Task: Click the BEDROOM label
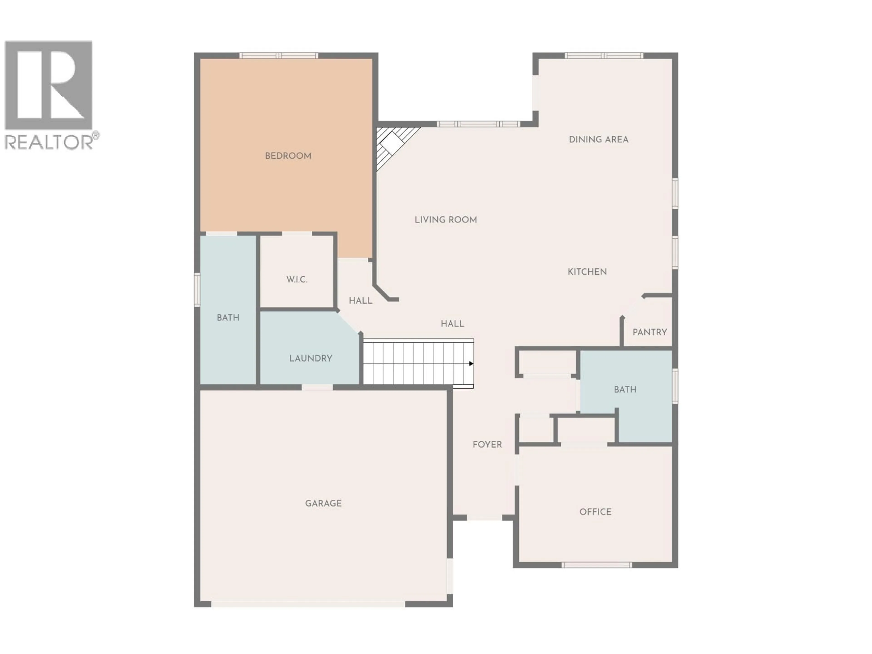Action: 288,156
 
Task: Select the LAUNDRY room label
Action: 311,358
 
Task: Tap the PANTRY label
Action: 650,332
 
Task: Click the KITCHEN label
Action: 587,272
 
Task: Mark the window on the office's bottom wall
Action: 597,565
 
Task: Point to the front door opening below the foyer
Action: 485,518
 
